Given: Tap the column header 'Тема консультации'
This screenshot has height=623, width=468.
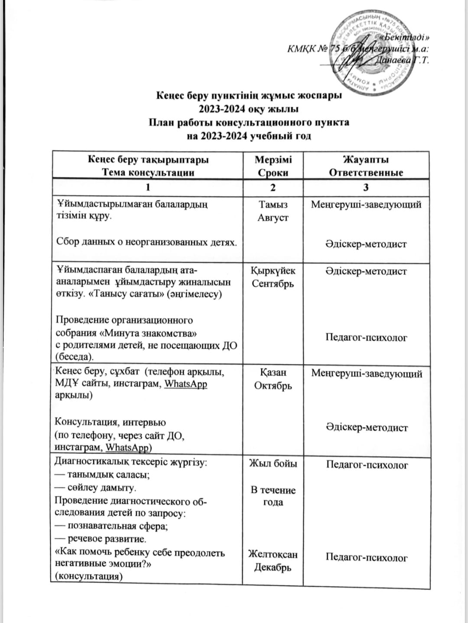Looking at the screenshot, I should click(148, 173).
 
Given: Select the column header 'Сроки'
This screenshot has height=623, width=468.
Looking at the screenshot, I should click(273, 173).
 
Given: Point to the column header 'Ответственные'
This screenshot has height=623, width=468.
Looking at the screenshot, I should click(366, 173).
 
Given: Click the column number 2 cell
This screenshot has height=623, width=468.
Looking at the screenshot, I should click(273, 188).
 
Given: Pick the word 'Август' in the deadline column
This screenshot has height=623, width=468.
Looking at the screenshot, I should click(273, 218).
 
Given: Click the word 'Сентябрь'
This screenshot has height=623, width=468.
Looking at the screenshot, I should click(273, 284).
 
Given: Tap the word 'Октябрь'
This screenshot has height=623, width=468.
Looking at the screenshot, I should click(273, 385).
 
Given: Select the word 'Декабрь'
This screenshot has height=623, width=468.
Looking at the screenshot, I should click(273, 567).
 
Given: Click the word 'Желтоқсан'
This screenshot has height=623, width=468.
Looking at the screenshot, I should click(273, 554).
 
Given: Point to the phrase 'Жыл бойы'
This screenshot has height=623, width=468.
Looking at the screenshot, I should click(273, 464).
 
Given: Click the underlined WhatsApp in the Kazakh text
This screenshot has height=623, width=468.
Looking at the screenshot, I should click(186, 384).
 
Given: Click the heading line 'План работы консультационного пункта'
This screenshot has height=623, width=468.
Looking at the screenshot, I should click(249, 122).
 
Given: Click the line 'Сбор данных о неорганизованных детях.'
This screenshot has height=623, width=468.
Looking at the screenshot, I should click(147, 241).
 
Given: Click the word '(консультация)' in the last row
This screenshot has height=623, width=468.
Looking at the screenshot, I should click(89, 577).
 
